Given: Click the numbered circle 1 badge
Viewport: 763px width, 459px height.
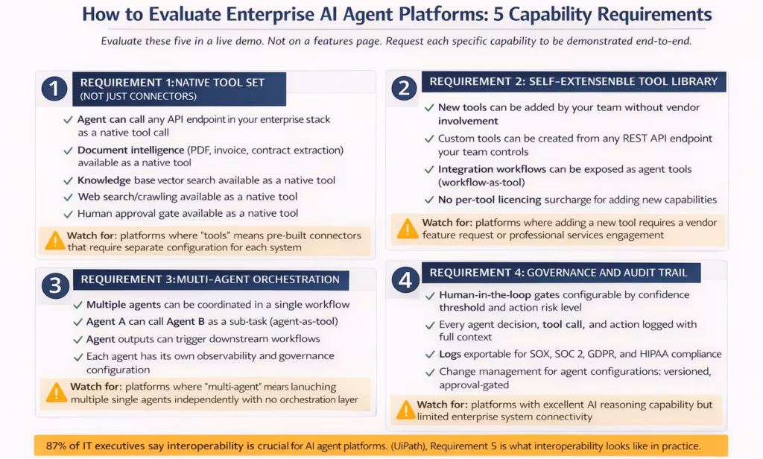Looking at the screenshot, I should (x=54, y=89).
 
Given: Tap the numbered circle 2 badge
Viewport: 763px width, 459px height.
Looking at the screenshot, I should (x=403, y=89).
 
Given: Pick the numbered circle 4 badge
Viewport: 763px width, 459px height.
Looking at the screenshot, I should (x=405, y=281).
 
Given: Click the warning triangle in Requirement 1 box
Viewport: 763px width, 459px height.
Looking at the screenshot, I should (x=55, y=240).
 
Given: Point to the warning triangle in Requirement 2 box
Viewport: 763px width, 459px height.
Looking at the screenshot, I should (x=408, y=229).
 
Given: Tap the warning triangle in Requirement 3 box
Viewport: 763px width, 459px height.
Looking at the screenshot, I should (x=57, y=393).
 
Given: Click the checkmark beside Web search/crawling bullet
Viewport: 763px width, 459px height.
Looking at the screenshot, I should (x=68, y=197).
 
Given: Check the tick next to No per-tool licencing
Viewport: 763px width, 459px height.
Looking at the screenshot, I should (x=429, y=200).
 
